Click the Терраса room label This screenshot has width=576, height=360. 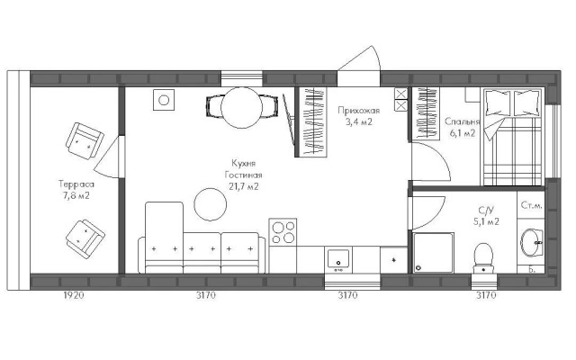(x=76, y=184)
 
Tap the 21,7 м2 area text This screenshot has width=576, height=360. (x=244, y=186)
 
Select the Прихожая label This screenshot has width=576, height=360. (x=358, y=111)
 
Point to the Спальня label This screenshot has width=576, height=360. (x=462, y=121)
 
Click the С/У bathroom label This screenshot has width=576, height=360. (x=486, y=210)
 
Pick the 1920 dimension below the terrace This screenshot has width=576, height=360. (x=74, y=295)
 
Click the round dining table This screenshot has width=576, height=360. (x=242, y=108)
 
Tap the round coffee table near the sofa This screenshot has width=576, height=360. (x=210, y=204)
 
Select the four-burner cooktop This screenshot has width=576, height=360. (x=283, y=232)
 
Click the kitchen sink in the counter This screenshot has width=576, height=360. (x=338, y=260)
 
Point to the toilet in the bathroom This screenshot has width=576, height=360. (x=483, y=258)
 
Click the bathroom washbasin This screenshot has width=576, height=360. (x=532, y=242)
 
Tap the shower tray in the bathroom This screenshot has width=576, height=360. (x=434, y=253)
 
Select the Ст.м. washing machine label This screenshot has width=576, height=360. (x=531, y=205)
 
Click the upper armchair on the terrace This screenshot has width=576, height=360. (x=85, y=140)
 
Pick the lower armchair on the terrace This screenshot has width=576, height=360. (x=85, y=239)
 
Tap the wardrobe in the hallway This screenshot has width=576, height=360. (x=311, y=122)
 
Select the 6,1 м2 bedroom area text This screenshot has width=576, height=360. (x=463, y=133)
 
